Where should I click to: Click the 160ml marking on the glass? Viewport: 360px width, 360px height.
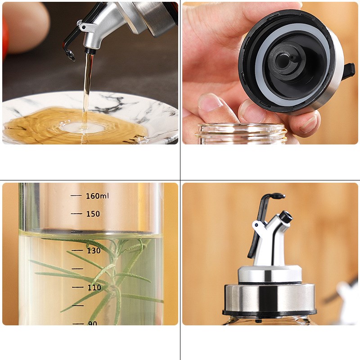(97, 196)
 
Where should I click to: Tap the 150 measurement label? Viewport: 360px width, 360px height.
(93, 214)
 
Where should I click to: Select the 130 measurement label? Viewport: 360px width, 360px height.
(94, 251)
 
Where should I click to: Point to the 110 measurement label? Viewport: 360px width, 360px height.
(94, 287)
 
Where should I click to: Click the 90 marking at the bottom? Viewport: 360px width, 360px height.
(93, 323)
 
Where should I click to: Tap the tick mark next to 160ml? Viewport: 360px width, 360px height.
(76, 196)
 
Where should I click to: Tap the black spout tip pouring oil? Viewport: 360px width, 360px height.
(90, 51)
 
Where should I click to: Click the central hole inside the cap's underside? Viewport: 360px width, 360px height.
(282, 61)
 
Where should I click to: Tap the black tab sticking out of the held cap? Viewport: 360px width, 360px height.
(348, 71)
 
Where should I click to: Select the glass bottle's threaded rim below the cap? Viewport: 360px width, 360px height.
(242, 133)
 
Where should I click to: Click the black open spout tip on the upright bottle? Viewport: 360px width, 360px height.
(286, 216)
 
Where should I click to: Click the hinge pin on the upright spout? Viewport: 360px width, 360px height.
(256, 225)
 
